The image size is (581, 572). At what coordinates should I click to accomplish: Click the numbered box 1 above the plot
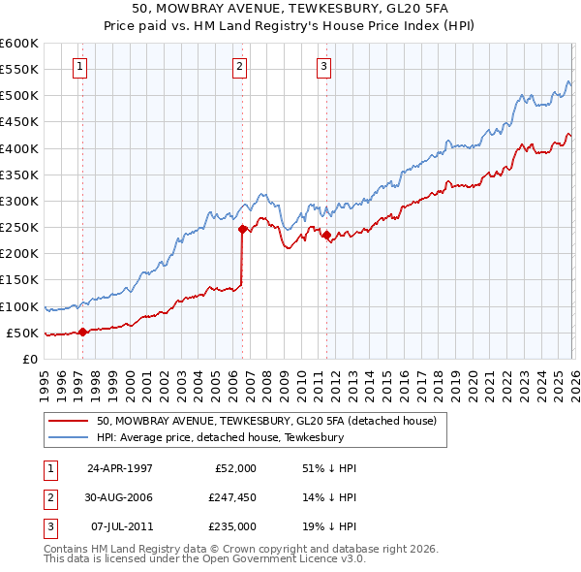coord(78,67)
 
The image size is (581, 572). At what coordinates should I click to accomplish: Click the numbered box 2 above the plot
coord(239,67)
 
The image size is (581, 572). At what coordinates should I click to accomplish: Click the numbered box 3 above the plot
coord(323,67)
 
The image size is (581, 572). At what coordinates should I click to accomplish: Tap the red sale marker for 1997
coord(83,332)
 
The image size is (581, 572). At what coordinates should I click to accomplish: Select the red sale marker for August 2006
coord(242,230)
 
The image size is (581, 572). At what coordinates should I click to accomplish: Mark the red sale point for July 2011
coord(326,235)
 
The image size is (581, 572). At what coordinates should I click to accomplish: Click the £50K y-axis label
coord(22,334)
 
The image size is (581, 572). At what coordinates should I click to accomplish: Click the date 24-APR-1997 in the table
coord(120,468)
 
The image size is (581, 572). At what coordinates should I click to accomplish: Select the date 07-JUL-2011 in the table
coord(120,526)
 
